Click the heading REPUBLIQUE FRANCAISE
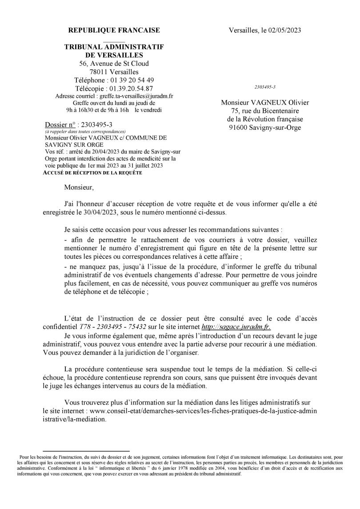point(114,30)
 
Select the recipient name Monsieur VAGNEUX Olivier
point(265,103)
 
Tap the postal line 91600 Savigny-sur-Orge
point(265,128)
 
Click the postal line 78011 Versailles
point(114,72)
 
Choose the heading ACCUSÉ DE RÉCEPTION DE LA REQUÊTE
point(92,172)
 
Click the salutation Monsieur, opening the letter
point(79,188)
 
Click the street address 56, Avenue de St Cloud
point(114,64)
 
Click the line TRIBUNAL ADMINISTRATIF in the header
point(114,47)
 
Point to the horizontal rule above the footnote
point(86,451)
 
